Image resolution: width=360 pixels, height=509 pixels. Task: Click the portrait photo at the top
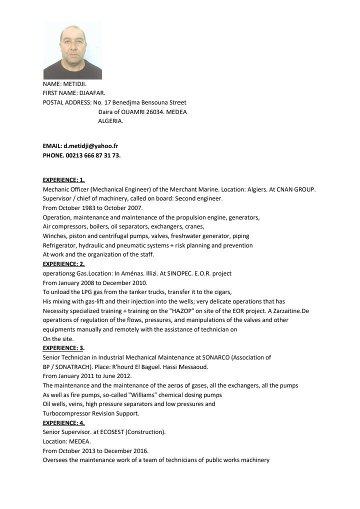(72, 50)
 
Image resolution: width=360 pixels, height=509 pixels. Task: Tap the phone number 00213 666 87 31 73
(93, 155)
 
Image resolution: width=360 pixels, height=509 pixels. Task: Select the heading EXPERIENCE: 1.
(64, 179)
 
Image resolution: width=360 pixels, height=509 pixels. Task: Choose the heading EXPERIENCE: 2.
(64, 264)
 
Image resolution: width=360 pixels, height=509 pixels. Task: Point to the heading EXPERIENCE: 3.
(64, 348)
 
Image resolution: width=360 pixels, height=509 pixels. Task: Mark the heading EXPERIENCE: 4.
(64, 422)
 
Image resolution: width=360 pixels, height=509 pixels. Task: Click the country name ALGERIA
(110, 121)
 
